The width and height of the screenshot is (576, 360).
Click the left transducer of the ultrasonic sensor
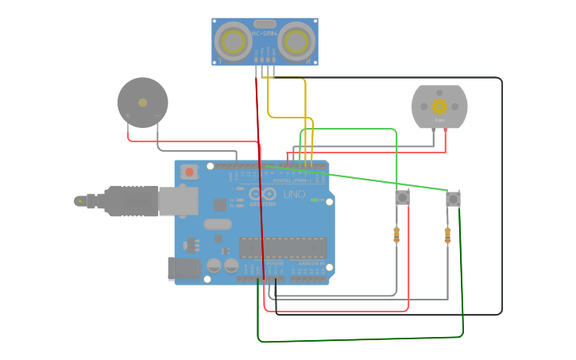(x=233, y=41)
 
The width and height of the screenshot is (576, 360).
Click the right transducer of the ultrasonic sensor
(x=297, y=41)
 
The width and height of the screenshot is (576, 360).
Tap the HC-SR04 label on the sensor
(x=265, y=33)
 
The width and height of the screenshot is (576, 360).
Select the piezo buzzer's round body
(x=143, y=103)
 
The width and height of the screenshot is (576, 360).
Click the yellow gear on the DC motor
(x=439, y=106)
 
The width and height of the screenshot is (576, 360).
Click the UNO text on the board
(x=294, y=194)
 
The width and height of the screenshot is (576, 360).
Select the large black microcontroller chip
(x=282, y=247)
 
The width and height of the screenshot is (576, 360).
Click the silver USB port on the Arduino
(x=177, y=201)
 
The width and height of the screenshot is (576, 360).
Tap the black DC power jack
(x=184, y=269)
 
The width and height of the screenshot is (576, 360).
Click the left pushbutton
(x=402, y=197)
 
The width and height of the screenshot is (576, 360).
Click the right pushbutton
(x=453, y=199)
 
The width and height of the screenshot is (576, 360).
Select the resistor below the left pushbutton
(x=396, y=234)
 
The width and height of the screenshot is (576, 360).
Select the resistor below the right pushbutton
(x=447, y=235)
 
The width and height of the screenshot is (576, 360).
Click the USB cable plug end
(x=81, y=201)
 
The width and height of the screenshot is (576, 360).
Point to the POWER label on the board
(x=274, y=263)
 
